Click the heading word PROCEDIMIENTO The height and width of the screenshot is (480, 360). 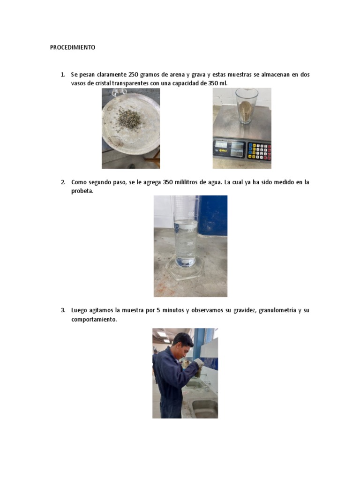click(x=73, y=47)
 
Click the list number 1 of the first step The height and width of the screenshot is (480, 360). click(x=62, y=75)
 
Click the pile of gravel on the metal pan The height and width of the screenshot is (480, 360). click(x=129, y=119)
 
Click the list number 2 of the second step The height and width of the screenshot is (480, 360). click(x=62, y=182)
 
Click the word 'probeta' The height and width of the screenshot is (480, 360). click(x=82, y=191)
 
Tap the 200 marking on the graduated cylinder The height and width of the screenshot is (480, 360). click(x=190, y=244)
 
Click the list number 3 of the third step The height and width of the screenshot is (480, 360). click(x=62, y=310)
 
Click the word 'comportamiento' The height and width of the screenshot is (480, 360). click(x=93, y=319)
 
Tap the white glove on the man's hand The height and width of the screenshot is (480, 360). click(x=199, y=362)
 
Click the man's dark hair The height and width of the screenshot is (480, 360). click(x=182, y=337)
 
